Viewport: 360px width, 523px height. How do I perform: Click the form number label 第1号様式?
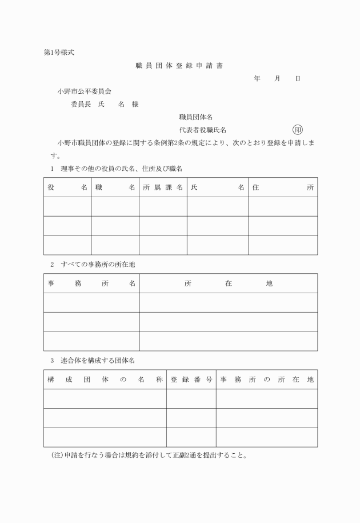[x=58, y=53]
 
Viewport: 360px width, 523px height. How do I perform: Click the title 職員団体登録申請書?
[x=179, y=66]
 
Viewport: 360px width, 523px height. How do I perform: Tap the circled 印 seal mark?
[x=297, y=130]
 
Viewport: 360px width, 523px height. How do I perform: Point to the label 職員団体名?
[x=196, y=117]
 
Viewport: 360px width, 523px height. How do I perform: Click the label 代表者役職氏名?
[x=206, y=130]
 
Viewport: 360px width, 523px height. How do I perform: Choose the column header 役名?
[x=67, y=187]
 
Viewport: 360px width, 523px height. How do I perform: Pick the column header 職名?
[x=115, y=187]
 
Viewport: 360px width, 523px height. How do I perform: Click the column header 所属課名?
[x=163, y=187]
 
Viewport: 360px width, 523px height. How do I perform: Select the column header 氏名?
[x=218, y=187]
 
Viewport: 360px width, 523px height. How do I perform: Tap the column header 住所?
[x=283, y=187]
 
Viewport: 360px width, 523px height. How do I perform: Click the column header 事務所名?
[x=91, y=283]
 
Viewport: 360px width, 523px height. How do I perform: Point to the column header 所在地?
[x=229, y=283]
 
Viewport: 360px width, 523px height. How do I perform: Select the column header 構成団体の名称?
[x=105, y=379]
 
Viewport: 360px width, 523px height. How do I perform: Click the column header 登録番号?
[x=191, y=379]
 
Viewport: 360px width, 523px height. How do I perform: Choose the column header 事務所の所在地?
[x=267, y=379]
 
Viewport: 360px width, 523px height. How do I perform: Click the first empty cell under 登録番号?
[x=191, y=398]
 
